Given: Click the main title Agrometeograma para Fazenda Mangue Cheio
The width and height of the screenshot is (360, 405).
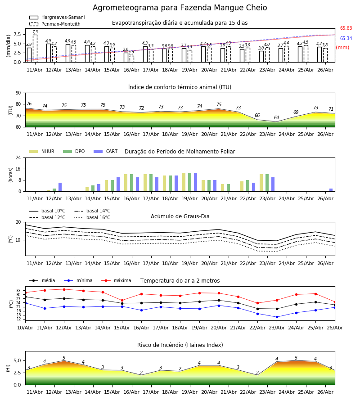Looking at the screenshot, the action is coord(180,8).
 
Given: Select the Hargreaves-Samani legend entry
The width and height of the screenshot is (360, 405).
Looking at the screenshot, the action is coord(57,17).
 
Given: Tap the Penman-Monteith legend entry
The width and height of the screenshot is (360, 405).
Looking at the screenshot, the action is coord(55,24).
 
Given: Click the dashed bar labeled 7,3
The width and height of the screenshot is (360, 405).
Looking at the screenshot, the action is coord(35,49).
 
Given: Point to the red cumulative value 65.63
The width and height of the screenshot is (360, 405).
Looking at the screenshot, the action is coord(346,28).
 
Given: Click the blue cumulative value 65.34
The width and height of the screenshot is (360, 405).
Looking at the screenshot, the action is coord(346,39).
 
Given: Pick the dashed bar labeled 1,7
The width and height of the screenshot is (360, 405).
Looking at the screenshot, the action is coord(132,59).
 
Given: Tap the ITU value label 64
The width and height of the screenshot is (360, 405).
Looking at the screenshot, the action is coord(277,118).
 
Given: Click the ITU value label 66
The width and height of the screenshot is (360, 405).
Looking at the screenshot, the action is coord(257,116).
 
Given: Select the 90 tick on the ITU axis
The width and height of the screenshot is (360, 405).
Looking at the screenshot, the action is coord(18,93).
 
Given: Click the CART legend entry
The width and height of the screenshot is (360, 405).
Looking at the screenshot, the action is coord(106,151).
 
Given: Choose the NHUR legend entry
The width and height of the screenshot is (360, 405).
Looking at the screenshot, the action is coord(42,151).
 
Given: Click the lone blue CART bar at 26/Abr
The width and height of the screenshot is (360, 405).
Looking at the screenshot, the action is coord(331,190).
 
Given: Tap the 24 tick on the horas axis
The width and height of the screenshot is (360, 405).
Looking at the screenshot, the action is coord(18,157).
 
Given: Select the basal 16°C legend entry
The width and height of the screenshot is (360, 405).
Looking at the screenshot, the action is coord(92,218).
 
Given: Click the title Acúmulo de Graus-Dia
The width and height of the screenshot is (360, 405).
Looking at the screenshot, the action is coord(180,216).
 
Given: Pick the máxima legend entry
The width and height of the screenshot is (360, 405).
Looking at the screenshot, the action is coord(117,280).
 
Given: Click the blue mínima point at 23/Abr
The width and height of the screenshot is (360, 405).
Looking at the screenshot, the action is coord(277,317).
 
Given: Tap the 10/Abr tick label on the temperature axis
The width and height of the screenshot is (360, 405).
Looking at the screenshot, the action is coord(25,328).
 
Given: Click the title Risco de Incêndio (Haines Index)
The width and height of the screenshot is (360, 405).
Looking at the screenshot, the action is coord(180,345).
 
